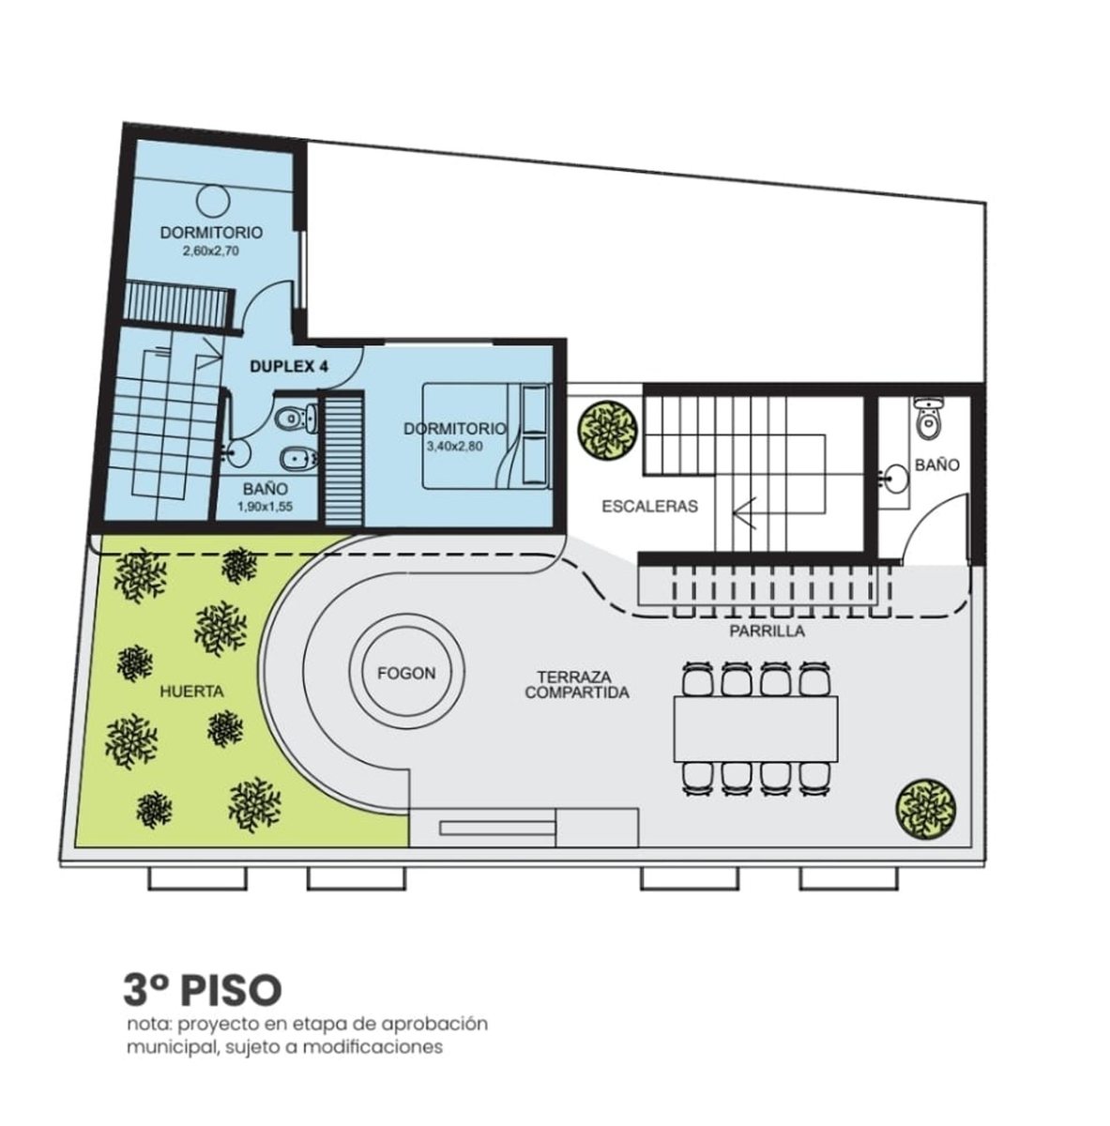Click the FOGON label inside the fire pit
tap(406, 673)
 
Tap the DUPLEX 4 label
tap(289, 366)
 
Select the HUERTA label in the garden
tap(191, 692)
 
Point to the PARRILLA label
tap(767, 631)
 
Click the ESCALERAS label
tap(650, 506)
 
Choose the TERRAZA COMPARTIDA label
tap(577, 685)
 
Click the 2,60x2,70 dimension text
tap(210, 251)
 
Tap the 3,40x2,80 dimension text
tap(455, 447)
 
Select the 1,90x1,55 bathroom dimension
tap(266, 507)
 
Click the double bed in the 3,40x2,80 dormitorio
tap(486, 435)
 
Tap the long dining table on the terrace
tap(756, 729)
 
